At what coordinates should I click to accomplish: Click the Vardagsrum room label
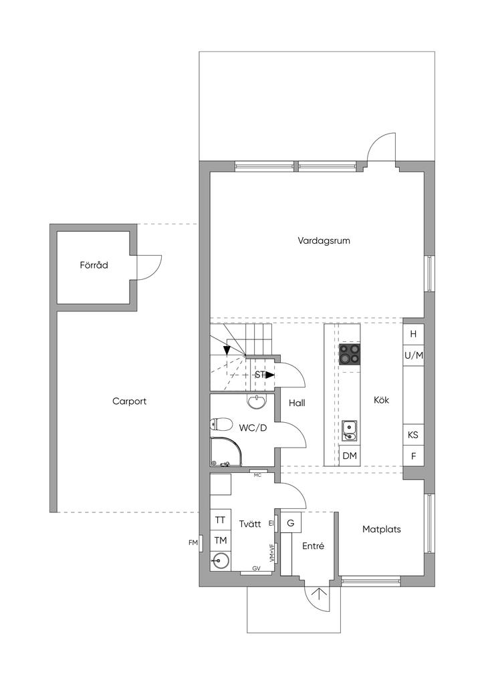coord(324,240)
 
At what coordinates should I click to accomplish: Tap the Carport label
coord(129,401)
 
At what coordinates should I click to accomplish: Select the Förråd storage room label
coord(94,265)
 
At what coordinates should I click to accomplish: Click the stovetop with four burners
coord(350,354)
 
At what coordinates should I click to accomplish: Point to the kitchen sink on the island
coord(349,431)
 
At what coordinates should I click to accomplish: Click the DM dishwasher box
coord(350,456)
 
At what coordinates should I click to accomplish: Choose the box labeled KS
coord(413,435)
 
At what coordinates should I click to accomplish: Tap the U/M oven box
coord(413,355)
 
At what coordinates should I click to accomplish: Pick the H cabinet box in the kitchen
coord(413,334)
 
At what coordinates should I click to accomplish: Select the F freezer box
coord(413,456)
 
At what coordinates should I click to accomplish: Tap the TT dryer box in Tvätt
coord(221,520)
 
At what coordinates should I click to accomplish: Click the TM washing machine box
coord(221,540)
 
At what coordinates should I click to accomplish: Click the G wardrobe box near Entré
coord(291,522)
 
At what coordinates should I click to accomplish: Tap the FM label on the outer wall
coord(193,543)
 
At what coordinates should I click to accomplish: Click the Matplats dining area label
coord(382,530)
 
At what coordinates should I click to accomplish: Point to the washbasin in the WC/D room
coord(257,401)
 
